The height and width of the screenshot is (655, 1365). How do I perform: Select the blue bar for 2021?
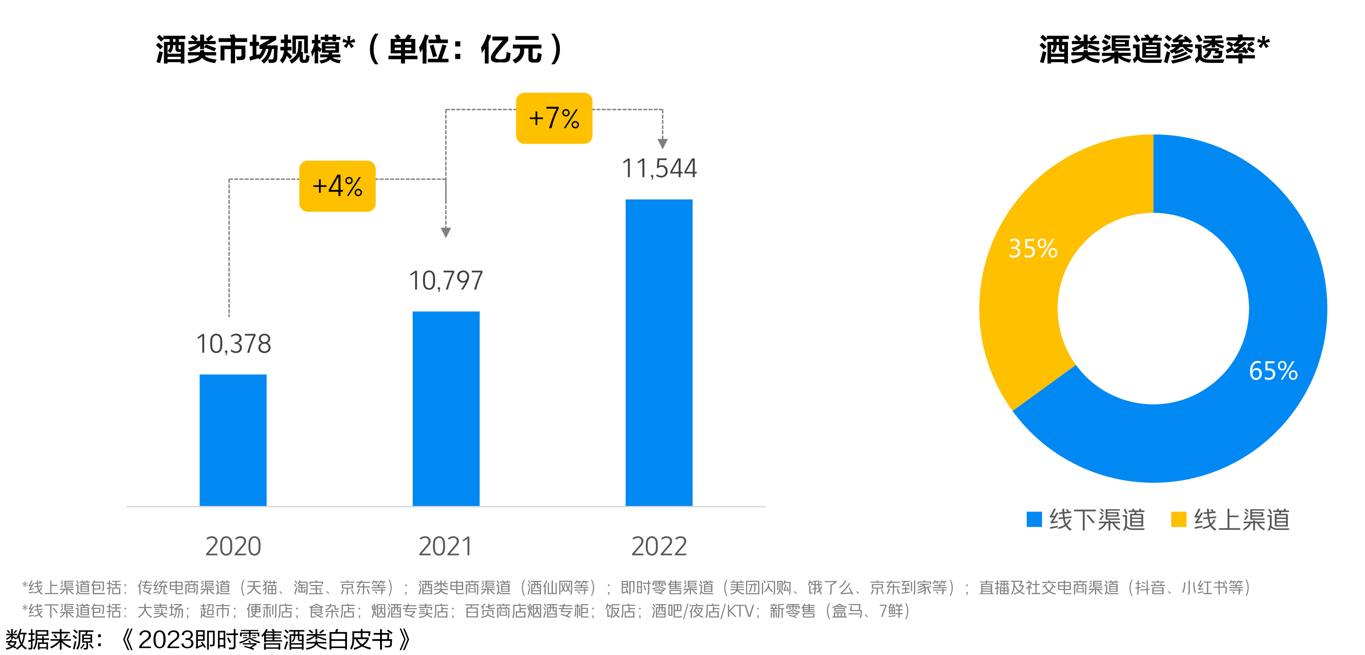pyautogui.click(x=446, y=408)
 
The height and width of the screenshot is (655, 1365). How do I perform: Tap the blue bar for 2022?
pyautogui.click(x=659, y=352)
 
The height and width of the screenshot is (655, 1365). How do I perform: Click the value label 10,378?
pyautogui.click(x=234, y=344)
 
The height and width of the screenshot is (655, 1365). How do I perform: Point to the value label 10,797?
pyautogui.click(x=446, y=281)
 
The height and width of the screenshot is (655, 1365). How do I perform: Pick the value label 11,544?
pyautogui.click(x=659, y=169)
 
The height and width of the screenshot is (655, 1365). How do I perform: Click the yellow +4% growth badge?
pyautogui.click(x=337, y=186)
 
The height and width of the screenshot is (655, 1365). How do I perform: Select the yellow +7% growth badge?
pyautogui.click(x=554, y=118)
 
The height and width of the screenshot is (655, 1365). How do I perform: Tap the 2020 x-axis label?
pyautogui.click(x=233, y=546)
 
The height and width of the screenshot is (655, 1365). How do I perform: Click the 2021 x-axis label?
pyautogui.click(x=445, y=546)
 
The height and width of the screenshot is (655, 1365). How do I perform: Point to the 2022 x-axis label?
pyautogui.click(x=659, y=546)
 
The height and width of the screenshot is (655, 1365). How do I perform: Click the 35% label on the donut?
pyautogui.click(x=1033, y=248)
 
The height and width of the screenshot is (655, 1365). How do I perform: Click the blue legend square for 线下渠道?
pyautogui.click(x=1034, y=519)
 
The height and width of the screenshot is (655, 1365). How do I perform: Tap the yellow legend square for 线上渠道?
pyautogui.click(x=1178, y=519)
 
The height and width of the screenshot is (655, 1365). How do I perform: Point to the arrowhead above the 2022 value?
pyautogui.click(x=662, y=143)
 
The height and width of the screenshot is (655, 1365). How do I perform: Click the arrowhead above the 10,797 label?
pyautogui.click(x=446, y=232)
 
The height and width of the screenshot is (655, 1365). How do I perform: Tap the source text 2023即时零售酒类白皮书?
pyautogui.click(x=265, y=640)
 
